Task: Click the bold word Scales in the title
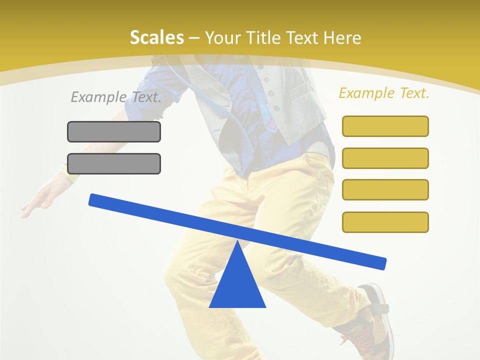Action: (156, 37)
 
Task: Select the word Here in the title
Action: (342, 37)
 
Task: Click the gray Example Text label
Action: (116, 97)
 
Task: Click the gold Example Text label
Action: (384, 93)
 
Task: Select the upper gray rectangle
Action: (114, 131)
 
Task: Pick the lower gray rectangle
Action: (114, 163)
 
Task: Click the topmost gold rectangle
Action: (385, 126)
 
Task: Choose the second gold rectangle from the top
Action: (385, 158)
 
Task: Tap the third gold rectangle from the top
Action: (385, 189)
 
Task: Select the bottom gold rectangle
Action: (385, 222)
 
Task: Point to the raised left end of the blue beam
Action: (95, 199)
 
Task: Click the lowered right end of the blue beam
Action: (379, 262)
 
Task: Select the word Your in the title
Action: (221, 37)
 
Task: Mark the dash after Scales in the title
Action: (194, 38)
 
